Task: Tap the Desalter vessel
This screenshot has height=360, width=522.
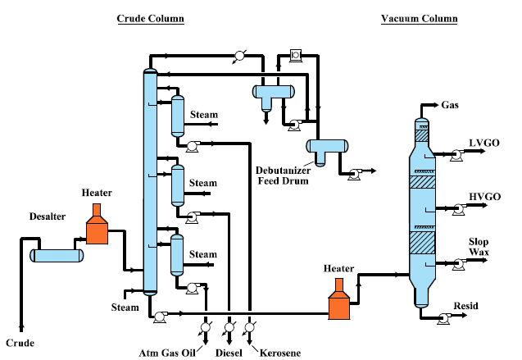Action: (57, 255)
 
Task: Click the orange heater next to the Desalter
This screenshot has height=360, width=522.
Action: (97, 227)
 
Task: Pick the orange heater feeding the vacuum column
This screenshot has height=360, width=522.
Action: (338, 302)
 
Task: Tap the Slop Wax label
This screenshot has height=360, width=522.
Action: (479, 248)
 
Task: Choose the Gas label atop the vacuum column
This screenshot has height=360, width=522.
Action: (450, 106)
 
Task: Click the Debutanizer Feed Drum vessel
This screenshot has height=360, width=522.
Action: (325, 147)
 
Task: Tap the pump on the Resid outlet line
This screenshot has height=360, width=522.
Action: (440, 316)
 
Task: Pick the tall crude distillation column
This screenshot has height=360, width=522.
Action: (149, 180)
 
